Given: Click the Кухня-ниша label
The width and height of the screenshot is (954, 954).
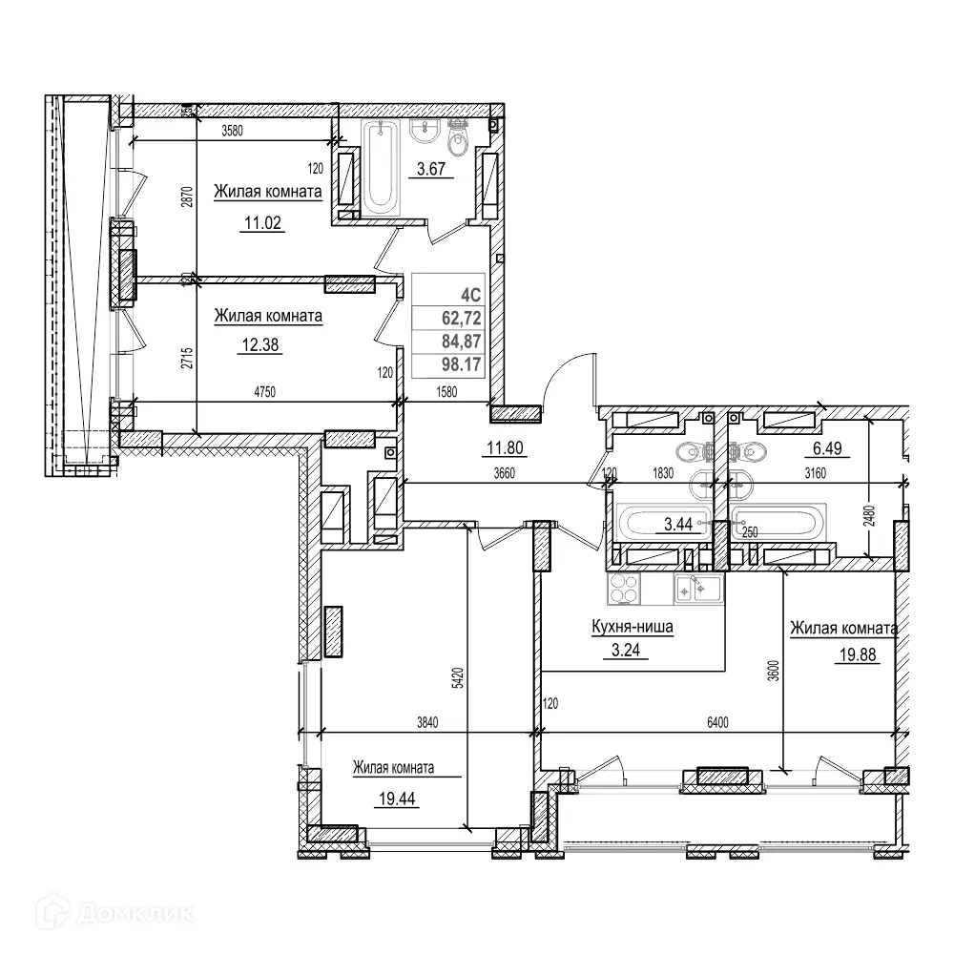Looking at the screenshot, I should [x=630, y=629].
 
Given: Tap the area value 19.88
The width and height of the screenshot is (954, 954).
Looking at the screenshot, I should [x=856, y=656].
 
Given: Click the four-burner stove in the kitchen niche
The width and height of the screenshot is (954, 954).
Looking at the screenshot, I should [x=626, y=589].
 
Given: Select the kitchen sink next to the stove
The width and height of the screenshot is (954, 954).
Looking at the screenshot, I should [x=696, y=589].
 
